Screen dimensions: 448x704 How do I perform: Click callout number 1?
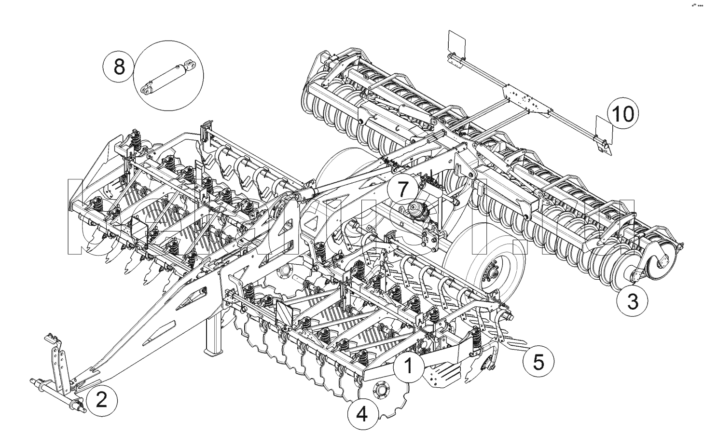[408, 366]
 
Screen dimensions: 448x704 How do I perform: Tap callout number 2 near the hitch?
[101, 400]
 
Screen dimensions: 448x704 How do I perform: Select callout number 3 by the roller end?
[633, 301]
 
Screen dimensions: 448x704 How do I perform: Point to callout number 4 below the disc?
[362, 414]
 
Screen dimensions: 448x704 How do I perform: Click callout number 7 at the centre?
[403, 190]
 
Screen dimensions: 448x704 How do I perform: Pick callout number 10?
[622, 114]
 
